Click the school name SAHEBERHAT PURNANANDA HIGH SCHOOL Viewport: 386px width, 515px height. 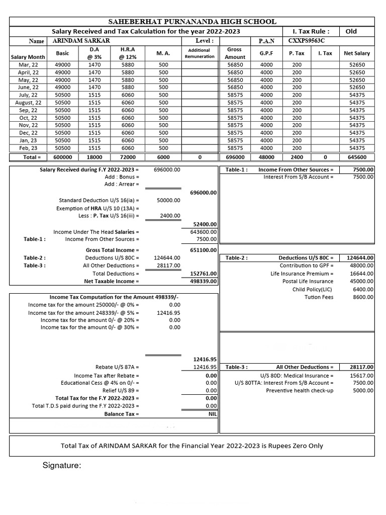click(x=192, y=21)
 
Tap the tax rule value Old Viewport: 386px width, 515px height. click(x=351, y=31)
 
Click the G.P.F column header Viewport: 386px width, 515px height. click(x=266, y=53)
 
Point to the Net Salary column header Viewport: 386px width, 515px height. click(x=356, y=53)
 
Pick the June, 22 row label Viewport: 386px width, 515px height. click(x=28, y=87)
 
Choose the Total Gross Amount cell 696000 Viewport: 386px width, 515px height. click(x=235, y=157)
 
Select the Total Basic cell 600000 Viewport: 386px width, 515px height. click(x=62, y=157)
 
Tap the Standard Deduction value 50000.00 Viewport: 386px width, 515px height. click(x=168, y=200)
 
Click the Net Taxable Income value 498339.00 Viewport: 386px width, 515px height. click(x=203, y=282)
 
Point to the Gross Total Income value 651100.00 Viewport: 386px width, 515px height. click(x=203, y=250)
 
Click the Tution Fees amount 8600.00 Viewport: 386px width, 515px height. click(x=362, y=297)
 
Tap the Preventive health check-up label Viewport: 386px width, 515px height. click(x=300, y=391)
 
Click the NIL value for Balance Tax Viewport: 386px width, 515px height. click(x=212, y=414)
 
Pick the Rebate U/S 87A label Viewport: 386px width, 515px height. click(x=117, y=367)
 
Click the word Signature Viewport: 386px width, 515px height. click(x=62, y=466)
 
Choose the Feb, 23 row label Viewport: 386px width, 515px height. click(x=28, y=148)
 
